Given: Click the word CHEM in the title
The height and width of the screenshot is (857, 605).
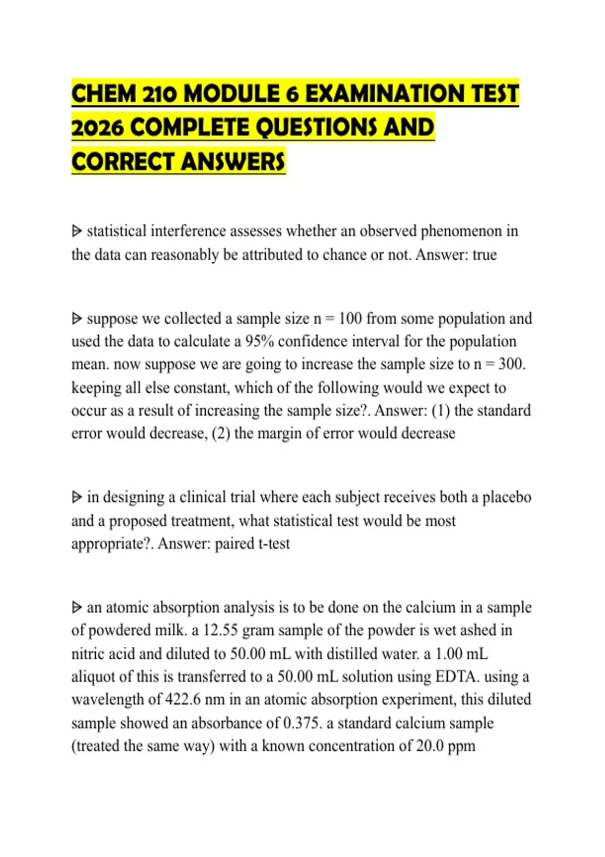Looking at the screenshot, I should click(x=104, y=94).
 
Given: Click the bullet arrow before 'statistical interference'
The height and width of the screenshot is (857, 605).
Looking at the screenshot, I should click(x=77, y=231).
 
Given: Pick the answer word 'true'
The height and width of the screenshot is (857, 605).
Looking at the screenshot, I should click(x=485, y=255).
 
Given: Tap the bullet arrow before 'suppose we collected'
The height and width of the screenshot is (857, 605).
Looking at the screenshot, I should click(x=77, y=319).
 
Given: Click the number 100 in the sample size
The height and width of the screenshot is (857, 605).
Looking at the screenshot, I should click(x=350, y=319).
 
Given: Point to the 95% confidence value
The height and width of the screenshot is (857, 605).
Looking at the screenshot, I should click(x=259, y=342).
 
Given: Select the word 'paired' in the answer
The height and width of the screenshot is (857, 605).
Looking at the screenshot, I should click(x=234, y=544).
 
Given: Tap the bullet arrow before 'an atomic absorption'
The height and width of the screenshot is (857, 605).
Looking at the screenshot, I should click(x=77, y=607).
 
